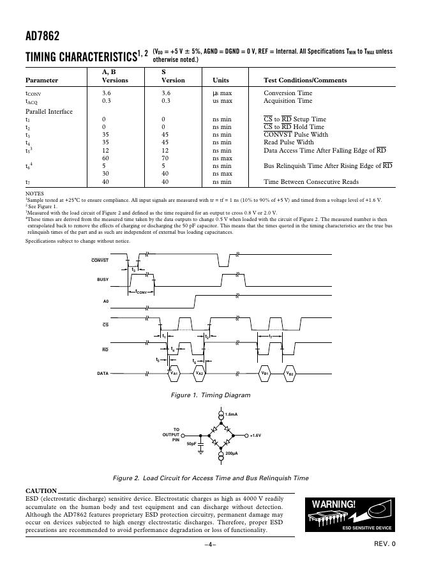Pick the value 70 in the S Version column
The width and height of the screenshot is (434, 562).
(165, 158)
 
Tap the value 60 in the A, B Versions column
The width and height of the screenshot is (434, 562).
(106, 158)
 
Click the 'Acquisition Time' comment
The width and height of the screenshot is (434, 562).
(288, 101)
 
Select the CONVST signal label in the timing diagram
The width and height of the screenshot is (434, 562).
(100, 260)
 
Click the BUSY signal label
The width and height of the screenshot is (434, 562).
(102, 280)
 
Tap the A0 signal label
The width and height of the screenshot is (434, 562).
(105, 300)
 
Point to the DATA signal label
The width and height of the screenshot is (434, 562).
(102, 373)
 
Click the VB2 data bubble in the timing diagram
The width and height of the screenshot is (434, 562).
(290, 373)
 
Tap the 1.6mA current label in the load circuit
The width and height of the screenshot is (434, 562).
(232, 416)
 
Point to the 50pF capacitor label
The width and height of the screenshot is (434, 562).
(191, 443)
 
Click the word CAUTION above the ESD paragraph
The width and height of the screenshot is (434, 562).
(41, 490)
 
